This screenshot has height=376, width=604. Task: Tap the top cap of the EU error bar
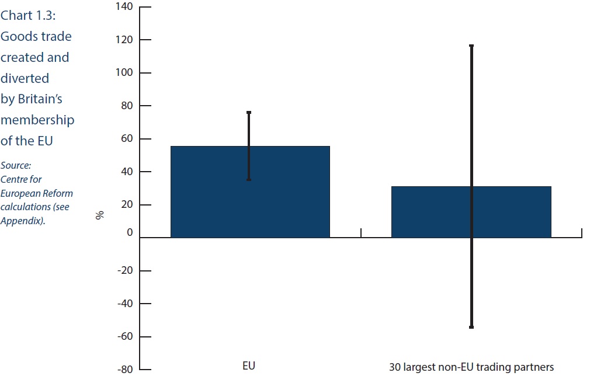click(x=249, y=112)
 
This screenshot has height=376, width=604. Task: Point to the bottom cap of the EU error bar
click(x=249, y=179)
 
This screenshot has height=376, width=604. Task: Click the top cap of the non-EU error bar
click(x=471, y=46)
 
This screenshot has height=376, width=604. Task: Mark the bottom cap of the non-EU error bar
click(x=471, y=327)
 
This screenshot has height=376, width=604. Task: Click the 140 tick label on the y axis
click(x=124, y=6)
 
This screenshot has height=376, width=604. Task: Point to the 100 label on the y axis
click(x=124, y=72)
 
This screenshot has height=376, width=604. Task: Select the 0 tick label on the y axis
click(x=130, y=232)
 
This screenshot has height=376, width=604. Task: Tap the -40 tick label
click(x=125, y=303)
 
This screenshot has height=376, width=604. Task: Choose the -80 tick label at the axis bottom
click(x=125, y=370)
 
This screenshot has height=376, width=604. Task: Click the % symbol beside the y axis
click(x=100, y=215)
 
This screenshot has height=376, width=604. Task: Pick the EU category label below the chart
click(x=249, y=365)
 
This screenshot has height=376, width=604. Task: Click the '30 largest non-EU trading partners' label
click(x=471, y=367)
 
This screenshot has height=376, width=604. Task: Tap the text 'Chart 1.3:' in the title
click(x=28, y=15)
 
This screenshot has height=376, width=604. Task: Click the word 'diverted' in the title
click(x=25, y=78)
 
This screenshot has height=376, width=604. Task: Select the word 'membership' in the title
click(x=37, y=120)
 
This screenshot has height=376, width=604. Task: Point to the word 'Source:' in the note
click(x=16, y=165)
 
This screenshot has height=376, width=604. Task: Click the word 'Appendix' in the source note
click(x=21, y=221)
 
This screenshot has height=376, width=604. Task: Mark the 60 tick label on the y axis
click(x=127, y=138)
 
